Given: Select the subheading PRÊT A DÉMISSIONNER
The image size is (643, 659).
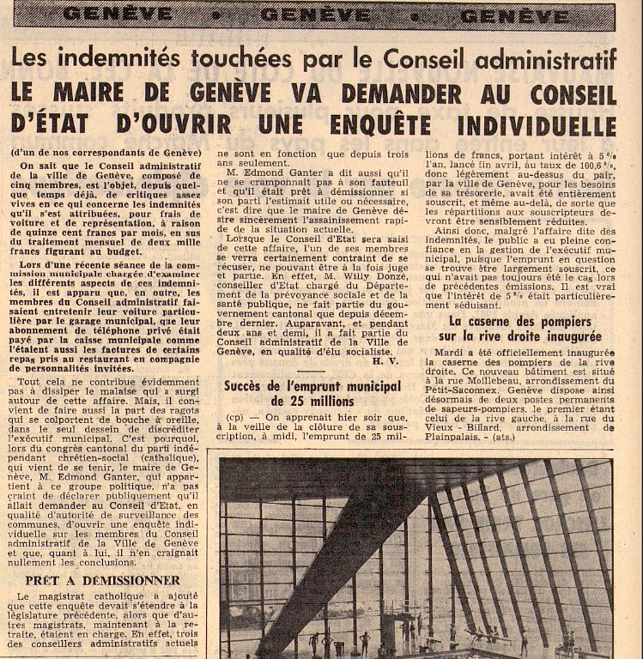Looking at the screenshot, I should pos(103,581).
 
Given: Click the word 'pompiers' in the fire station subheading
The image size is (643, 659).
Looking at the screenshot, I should pos(577,321).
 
